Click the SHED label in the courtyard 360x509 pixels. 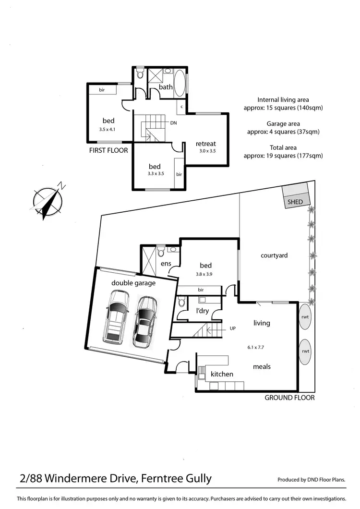295,202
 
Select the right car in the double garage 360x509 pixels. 145,321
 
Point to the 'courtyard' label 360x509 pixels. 274,255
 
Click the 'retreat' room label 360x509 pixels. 206,144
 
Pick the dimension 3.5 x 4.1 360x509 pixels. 108,130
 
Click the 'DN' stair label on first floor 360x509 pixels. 173,123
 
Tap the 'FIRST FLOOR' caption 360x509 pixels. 108,150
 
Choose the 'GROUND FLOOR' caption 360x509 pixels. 290,398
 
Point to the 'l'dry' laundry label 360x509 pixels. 203,311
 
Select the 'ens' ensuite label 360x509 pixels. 166,264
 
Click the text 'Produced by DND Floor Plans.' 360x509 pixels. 312,480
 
